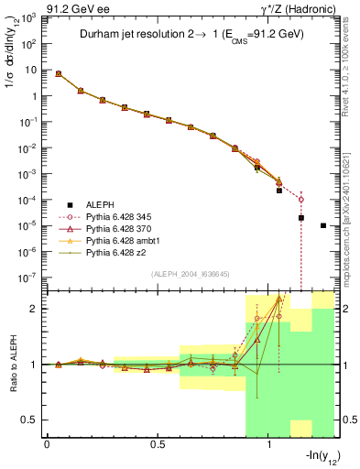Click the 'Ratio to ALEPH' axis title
[x=12, y=365]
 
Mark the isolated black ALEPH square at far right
[x=323, y=225]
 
